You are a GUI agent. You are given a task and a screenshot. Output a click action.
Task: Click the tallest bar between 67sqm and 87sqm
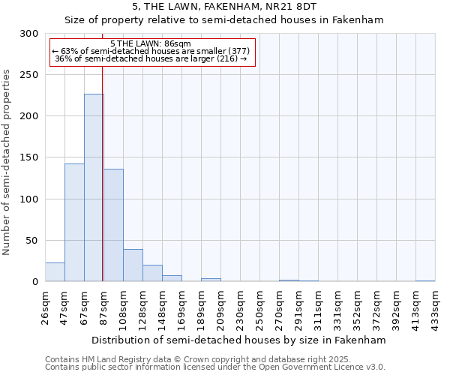click(x=94, y=187)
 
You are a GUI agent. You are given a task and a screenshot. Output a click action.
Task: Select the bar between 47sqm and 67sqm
click(x=74, y=222)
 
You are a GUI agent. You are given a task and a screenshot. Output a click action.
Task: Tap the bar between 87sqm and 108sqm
click(x=113, y=225)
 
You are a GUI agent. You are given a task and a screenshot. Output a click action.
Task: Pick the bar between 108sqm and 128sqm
click(x=133, y=265)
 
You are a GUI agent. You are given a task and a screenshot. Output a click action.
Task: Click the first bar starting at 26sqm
click(x=55, y=272)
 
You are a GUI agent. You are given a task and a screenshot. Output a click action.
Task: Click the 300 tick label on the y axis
click(x=29, y=34)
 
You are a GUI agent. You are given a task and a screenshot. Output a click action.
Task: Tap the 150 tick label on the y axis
click(x=29, y=157)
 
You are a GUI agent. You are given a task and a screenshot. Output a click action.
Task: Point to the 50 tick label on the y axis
click(x=32, y=241)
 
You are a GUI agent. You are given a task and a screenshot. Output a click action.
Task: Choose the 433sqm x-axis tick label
click(x=436, y=307)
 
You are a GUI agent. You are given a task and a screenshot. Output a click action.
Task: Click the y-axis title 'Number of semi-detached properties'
click(x=7, y=162)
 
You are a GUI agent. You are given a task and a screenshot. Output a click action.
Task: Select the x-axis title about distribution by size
click(x=240, y=340)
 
